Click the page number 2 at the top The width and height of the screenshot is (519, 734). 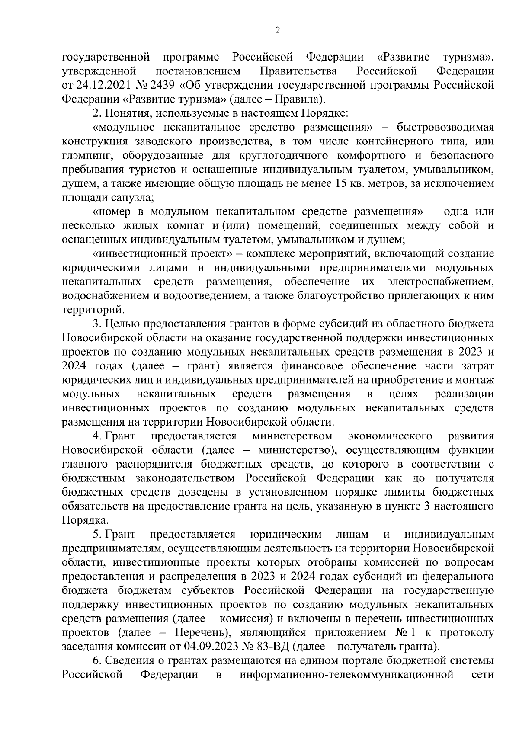(x=278, y=30)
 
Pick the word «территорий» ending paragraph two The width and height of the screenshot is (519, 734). (x=93, y=310)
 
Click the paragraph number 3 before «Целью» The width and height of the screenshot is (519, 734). (x=96, y=324)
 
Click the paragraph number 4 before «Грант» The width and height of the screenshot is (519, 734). (x=96, y=436)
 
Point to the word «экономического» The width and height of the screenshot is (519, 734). (x=390, y=436)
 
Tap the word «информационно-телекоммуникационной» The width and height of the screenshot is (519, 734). (x=346, y=675)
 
